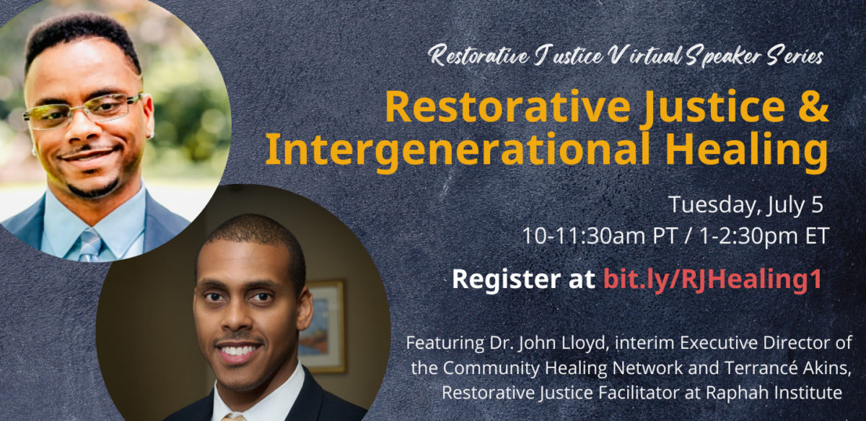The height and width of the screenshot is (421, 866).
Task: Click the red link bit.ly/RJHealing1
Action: (712, 279)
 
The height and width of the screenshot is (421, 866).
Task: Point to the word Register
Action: (506, 279)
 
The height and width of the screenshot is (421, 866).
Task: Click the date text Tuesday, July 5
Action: (745, 205)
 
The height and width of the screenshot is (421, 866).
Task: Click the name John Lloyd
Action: (564, 344)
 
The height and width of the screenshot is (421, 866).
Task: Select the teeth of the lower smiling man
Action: (237, 350)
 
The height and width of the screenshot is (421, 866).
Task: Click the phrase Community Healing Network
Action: (562, 368)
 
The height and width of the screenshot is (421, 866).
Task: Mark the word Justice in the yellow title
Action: (712, 107)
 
